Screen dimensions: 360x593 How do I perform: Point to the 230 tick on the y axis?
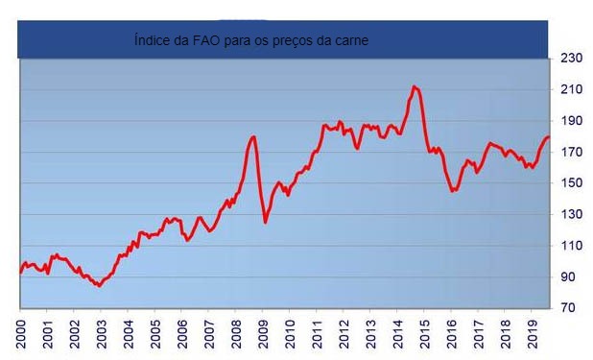tap(572, 59)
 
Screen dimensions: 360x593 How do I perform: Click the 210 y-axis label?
tap(572, 89)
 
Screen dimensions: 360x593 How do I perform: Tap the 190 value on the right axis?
tap(572, 121)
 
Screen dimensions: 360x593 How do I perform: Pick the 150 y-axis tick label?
tap(572, 183)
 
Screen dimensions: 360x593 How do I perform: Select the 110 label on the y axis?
tap(572, 246)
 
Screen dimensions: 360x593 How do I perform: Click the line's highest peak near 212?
tap(414, 86)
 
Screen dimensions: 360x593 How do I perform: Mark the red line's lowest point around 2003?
tap(99, 286)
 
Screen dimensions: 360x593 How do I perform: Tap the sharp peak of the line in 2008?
tap(254, 136)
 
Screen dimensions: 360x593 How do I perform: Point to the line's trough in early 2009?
tap(266, 223)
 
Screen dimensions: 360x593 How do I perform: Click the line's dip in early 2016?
tap(453, 191)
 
